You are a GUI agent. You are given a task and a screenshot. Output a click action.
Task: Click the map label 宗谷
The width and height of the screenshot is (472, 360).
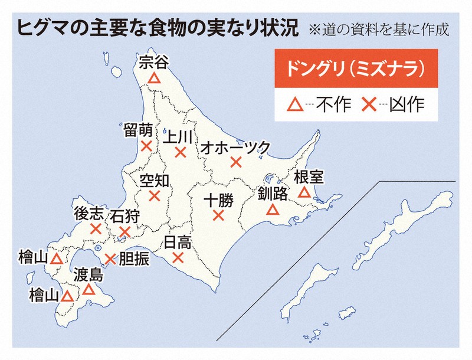pos(153,63)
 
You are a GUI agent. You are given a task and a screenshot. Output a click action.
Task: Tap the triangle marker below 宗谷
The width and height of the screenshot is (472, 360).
pos(154,78)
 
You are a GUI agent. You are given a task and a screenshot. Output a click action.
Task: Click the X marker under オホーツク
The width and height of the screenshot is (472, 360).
pos(236,162)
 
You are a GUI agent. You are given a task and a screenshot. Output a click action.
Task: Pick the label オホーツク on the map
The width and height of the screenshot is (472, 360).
pos(235,147)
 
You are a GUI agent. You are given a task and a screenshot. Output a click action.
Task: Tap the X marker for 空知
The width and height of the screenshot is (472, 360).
pos(155,196)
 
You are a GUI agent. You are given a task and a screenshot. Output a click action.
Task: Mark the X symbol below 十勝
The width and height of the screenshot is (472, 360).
pos(218,215)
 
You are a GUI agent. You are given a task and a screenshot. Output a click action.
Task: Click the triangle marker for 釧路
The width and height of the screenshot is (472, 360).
pos(272,209)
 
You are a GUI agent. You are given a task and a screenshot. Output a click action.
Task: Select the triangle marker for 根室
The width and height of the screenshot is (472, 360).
pos(304,192)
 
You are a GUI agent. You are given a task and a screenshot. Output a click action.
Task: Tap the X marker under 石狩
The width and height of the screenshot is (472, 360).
pos(124,232)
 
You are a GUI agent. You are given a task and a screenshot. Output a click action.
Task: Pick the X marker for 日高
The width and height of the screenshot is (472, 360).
pos(178,257)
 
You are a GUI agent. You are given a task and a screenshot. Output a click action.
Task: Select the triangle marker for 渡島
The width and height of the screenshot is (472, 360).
pos(88,289)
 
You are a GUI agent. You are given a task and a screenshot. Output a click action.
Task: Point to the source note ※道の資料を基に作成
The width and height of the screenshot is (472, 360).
pos(378,30)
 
